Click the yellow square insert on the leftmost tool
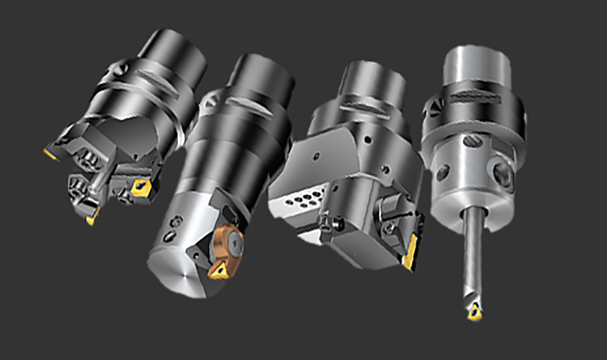(x=141, y=187)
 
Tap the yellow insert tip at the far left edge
(x=50, y=154)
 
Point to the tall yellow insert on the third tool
(x=410, y=251)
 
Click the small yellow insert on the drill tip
(x=474, y=313)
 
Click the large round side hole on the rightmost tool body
(x=501, y=174)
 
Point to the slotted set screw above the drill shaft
(x=472, y=141)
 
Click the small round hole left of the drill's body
(x=442, y=173)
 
